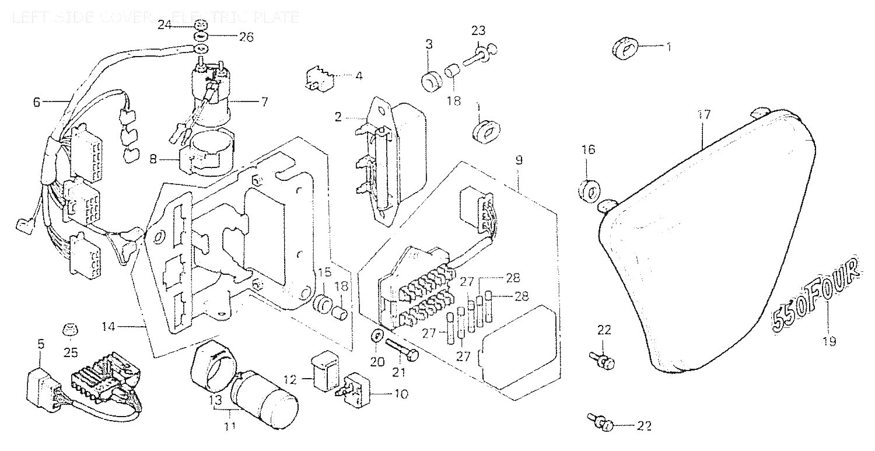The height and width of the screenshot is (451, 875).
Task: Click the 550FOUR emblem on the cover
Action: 815,297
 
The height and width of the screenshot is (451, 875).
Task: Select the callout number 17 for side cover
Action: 704,115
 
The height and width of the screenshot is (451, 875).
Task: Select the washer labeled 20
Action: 377,336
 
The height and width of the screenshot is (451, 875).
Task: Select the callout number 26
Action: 247,37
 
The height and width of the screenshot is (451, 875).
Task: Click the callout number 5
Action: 41,344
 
